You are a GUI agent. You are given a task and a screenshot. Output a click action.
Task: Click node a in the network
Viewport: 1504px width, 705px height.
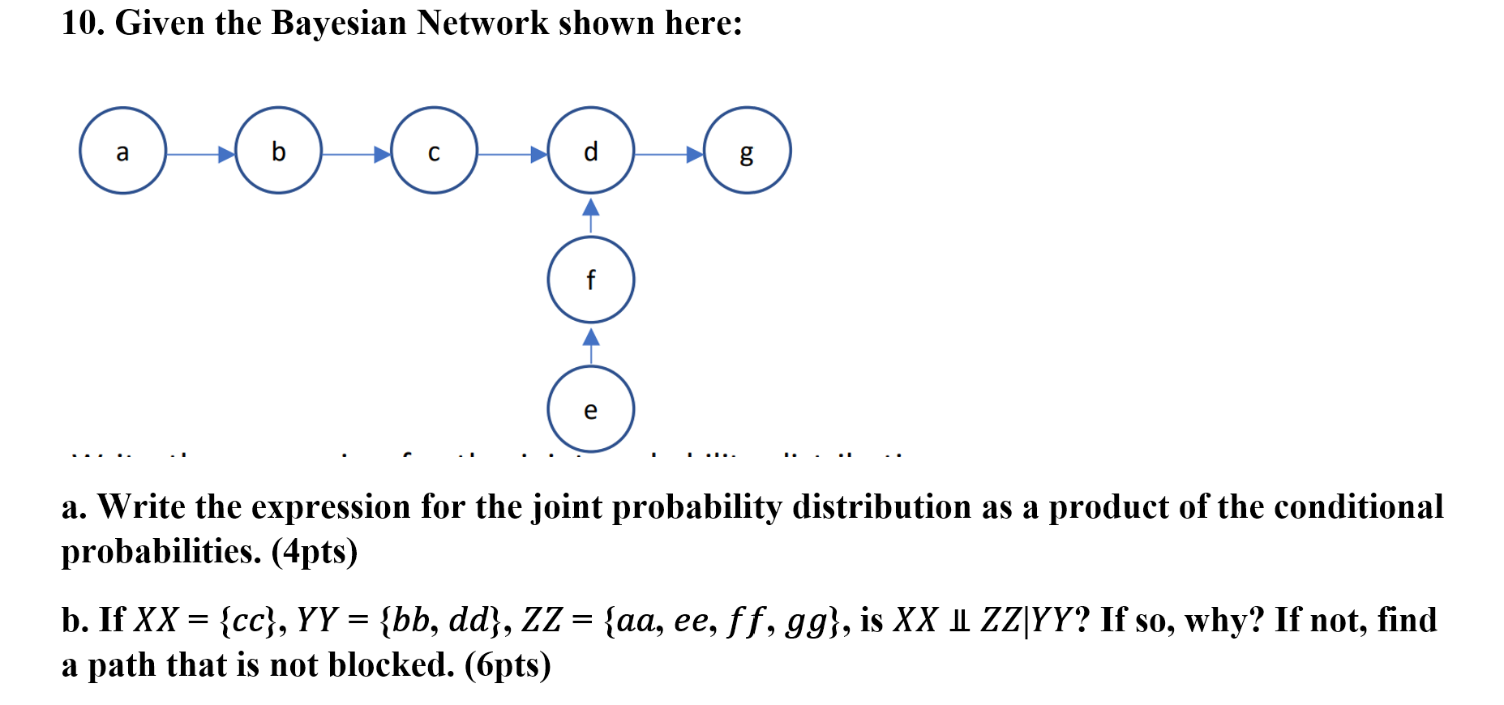click(x=122, y=151)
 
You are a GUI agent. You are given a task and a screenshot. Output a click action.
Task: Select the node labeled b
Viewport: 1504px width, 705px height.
click(x=278, y=151)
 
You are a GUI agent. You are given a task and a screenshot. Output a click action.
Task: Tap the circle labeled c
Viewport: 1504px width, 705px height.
click(x=434, y=151)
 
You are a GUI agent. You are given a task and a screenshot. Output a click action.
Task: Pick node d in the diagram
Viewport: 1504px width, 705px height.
click(x=590, y=151)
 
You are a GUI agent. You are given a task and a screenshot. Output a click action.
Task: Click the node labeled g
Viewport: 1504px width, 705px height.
click(x=747, y=151)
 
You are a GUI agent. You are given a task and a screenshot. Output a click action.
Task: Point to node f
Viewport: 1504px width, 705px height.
click(x=590, y=280)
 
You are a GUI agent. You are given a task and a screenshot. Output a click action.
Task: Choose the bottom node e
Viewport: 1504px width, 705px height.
click(x=590, y=409)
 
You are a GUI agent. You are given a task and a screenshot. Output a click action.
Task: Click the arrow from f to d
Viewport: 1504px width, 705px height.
click(x=591, y=216)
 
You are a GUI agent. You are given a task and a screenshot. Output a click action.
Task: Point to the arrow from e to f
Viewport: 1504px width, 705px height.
click(x=591, y=345)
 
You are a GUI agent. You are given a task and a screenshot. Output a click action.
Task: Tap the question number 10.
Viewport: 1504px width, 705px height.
click(x=83, y=23)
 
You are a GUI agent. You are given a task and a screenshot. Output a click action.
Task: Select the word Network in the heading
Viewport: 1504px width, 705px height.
click(x=482, y=23)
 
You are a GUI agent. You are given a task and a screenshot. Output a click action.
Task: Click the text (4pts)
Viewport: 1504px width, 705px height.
click(x=315, y=552)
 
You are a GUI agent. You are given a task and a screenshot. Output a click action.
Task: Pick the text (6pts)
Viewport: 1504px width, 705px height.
click(x=508, y=665)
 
